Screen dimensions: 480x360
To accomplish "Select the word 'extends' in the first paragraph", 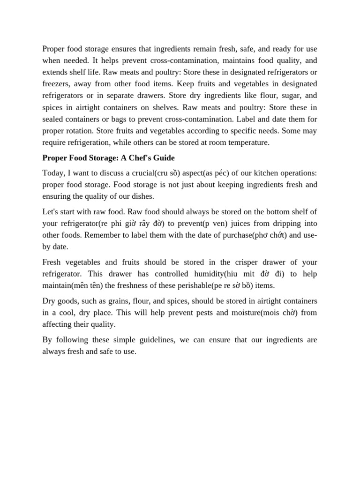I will tap(55, 72).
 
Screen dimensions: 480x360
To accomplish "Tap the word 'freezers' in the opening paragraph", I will tap(56, 84).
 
